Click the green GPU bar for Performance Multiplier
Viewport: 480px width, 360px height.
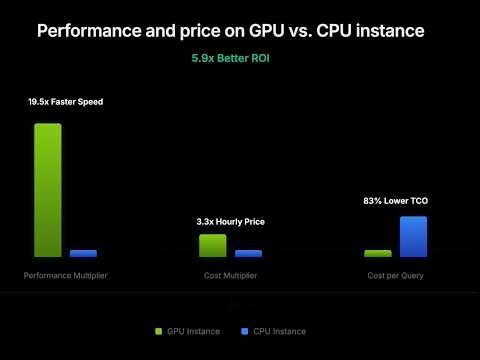(x=48, y=190)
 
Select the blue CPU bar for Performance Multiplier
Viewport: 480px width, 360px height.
(x=84, y=254)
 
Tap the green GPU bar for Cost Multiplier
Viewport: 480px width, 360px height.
(x=213, y=246)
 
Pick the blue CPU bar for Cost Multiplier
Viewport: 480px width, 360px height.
(x=248, y=254)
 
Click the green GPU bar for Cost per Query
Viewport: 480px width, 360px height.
(x=378, y=254)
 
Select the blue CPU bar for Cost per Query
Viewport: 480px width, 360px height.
(x=414, y=237)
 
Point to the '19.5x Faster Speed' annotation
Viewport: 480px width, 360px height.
(x=66, y=102)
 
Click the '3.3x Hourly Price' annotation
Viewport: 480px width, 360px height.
(x=231, y=221)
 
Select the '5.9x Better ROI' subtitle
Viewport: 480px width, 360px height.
(x=231, y=59)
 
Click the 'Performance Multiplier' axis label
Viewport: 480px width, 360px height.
(x=66, y=275)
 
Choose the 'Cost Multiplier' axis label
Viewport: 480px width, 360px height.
(x=231, y=275)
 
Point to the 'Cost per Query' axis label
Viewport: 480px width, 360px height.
(x=395, y=275)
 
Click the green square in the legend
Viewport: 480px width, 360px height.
(x=159, y=331)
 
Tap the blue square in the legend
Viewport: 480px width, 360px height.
(x=243, y=331)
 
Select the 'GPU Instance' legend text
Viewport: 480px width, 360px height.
(x=195, y=331)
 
